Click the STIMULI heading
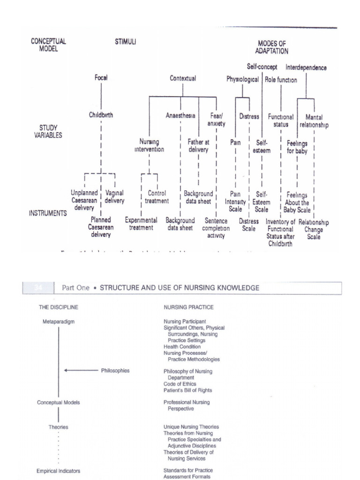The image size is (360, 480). [x=125, y=42]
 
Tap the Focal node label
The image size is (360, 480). [x=101, y=78]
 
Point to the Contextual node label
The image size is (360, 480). [x=183, y=79]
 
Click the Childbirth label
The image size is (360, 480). [x=101, y=115]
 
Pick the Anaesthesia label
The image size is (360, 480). [x=180, y=115]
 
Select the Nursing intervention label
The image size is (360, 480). [x=149, y=145]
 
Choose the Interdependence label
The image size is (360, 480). [x=306, y=67]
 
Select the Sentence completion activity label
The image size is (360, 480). [x=216, y=228]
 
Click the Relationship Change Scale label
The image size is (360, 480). [x=314, y=230]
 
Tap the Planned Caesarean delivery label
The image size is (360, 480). [x=101, y=227]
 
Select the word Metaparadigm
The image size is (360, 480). [x=58, y=322]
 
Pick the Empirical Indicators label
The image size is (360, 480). [x=59, y=471]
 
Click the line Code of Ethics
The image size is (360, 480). [x=180, y=384]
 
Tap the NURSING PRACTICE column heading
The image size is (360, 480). [x=188, y=307]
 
